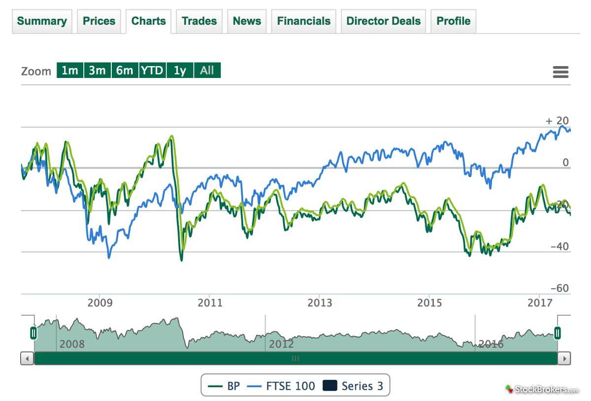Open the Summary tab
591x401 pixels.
point(42,21)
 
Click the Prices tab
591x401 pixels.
point(99,21)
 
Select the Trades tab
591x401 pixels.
point(199,21)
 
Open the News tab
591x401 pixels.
point(247,21)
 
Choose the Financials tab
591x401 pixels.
point(303,21)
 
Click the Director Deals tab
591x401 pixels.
point(383,21)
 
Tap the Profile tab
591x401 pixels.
point(453,21)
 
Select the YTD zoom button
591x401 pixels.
point(152,71)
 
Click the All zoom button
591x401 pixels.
point(207,71)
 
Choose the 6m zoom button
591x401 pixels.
point(125,71)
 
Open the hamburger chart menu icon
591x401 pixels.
point(560,72)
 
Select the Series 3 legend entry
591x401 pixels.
point(353,386)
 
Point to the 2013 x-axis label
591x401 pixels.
point(320,302)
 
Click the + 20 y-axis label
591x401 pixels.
point(557,121)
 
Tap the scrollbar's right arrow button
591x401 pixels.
point(565,358)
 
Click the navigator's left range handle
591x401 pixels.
point(33,333)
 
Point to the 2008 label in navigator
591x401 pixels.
point(72,344)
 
